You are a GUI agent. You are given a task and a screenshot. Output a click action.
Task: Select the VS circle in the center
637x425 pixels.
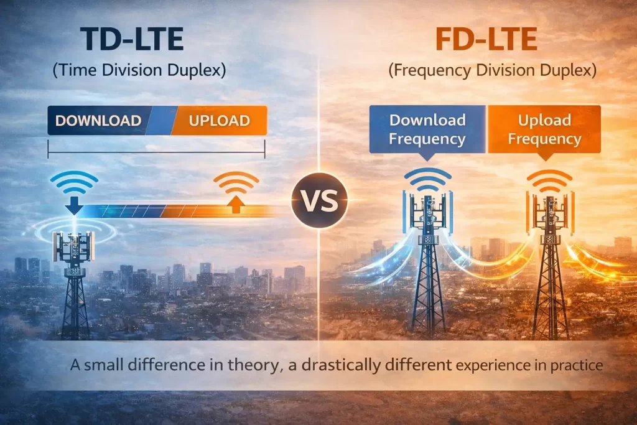[318, 200]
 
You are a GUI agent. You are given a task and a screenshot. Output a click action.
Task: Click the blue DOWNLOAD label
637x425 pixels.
[98, 121]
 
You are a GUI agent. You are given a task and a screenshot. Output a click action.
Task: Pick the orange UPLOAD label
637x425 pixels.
[220, 121]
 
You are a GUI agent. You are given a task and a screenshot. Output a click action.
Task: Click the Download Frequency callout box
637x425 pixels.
[427, 129]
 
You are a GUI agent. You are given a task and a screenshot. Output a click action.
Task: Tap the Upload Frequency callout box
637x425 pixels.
[544, 129]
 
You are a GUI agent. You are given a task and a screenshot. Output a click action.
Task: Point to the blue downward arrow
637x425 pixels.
[74, 205]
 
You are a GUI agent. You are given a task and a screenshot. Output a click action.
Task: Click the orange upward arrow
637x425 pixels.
[236, 203]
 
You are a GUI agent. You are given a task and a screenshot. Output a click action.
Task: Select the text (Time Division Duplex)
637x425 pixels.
[139, 70]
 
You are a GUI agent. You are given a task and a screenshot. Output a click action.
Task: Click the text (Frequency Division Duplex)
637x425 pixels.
[492, 70]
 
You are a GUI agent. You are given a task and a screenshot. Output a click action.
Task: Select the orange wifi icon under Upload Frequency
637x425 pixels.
[549, 180]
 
